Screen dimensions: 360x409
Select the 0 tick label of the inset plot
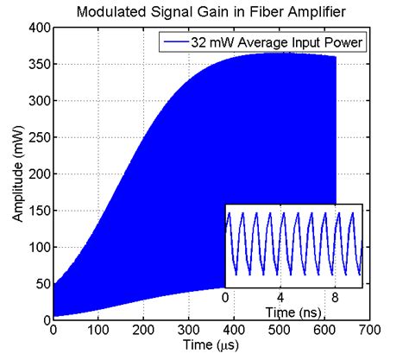point(225,295)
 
